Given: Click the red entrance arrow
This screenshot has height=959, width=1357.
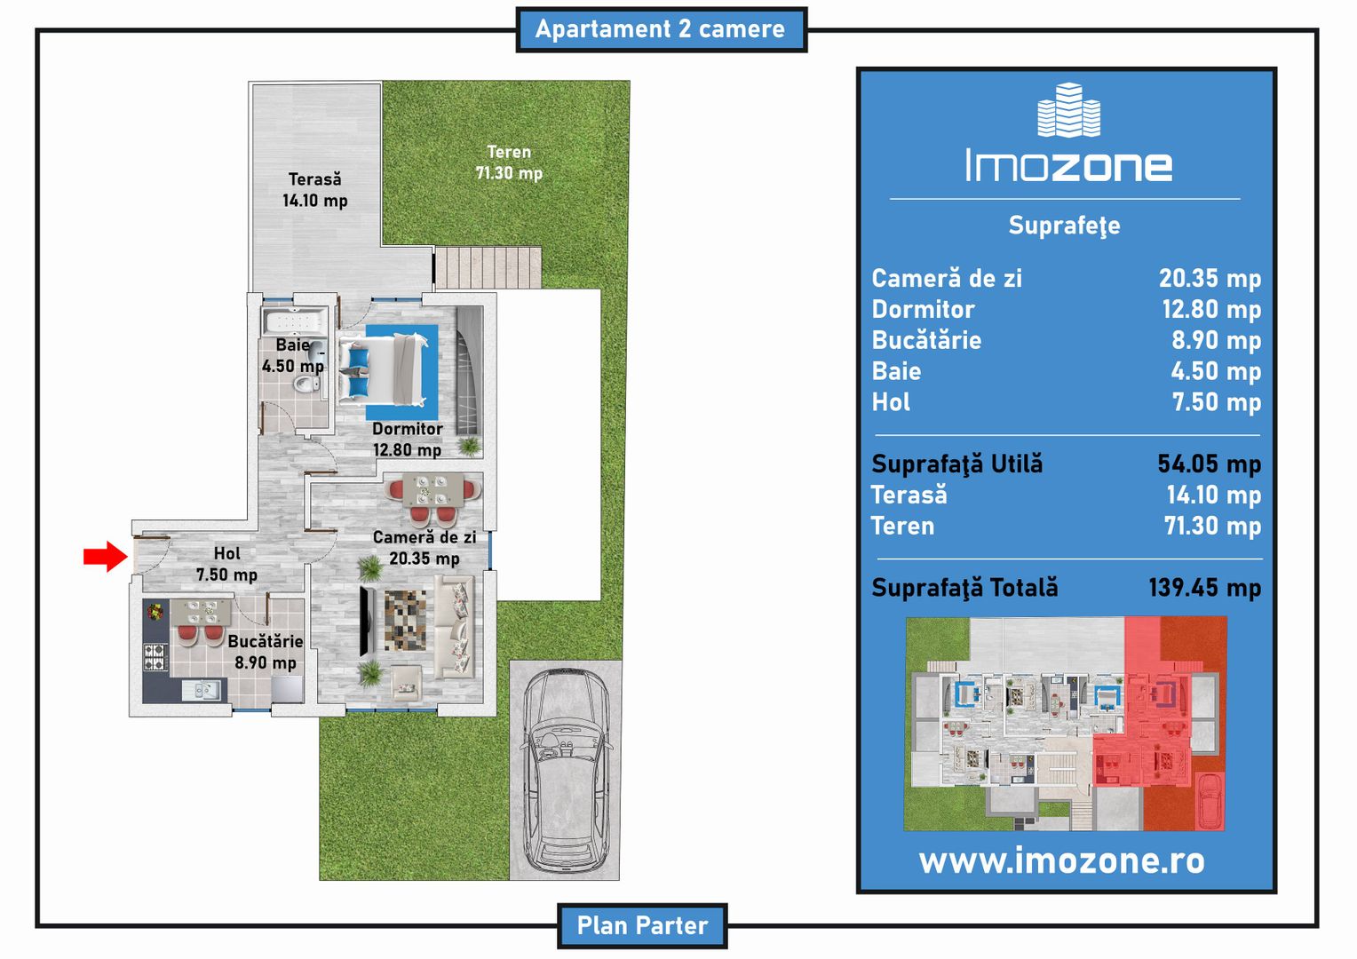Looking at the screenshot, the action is pyautogui.click(x=106, y=556).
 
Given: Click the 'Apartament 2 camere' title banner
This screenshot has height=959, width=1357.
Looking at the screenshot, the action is pyautogui.click(x=661, y=29).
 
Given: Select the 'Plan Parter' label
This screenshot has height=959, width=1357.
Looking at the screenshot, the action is pyautogui.click(x=642, y=925).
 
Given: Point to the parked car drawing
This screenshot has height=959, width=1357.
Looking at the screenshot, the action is pyautogui.click(x=567, y=769).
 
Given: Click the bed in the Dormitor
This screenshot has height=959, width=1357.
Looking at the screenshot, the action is pyautogui.click(x=382, y=370).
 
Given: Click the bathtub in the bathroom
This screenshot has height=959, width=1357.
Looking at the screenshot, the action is pyautogui.click(x=295, y=321).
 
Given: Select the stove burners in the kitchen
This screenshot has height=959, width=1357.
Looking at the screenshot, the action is pyautogui.click(x=155, y=657).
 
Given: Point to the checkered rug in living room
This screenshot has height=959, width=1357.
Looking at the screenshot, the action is pyautogui.click(x=405, y=621).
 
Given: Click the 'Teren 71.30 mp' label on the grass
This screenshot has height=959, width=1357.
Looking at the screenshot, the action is pyautogui.click(x=509, y=162).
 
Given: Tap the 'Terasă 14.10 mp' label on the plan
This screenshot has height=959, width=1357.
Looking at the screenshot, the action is pyautogui.click(x=315, y=190).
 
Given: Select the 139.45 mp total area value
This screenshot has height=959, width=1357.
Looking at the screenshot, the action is pyautogui.click(x=1204, y=588).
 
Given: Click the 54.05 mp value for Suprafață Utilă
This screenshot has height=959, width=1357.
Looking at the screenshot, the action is pyautogui.click(x=1209, y=464).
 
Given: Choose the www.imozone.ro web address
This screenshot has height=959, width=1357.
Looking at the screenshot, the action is pyautogui.click(x=1061, y=860).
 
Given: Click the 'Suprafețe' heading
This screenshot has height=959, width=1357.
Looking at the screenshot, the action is pyautogui.click(x=1065, y=226).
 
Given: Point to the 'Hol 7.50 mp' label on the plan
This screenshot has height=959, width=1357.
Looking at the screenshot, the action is pyautogui.click(x=227, y=564).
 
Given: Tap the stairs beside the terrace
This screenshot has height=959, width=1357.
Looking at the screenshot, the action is pyautogui.click(x=488, y=267).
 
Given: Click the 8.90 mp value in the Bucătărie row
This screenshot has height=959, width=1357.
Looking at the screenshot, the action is pyautogui.click(x=1216, y=340).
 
